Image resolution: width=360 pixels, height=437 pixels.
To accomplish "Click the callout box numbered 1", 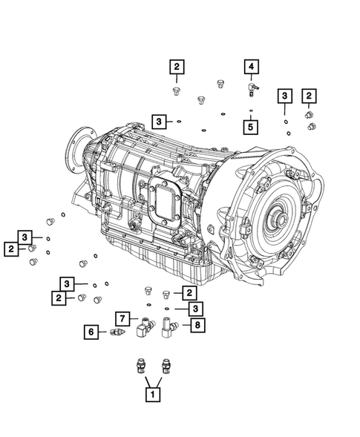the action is point(152,395).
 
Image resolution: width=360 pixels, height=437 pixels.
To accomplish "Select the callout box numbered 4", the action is point(252,67).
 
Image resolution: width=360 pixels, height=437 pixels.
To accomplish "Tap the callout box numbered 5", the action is point(250,127).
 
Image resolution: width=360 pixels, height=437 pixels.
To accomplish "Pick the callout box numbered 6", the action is point(91,332).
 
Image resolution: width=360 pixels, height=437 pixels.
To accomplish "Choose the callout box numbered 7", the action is point(122,319).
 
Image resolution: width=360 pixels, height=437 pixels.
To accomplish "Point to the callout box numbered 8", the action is point(197,325).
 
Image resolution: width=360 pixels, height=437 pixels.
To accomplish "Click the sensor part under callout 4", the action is point(252,90).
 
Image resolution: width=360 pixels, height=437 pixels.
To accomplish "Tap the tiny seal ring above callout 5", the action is point(251,111).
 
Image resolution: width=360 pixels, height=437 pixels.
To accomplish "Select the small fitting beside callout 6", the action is point(118,332).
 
